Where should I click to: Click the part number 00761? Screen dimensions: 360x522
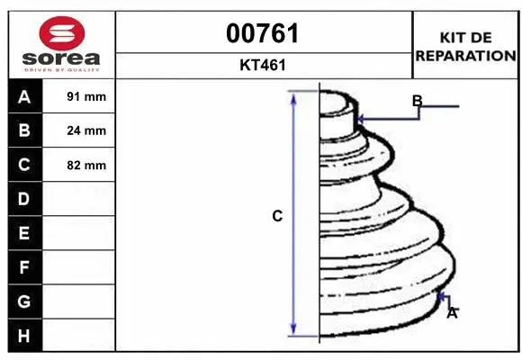264,34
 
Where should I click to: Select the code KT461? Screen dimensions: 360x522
264,65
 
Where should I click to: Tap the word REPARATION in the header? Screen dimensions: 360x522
464,55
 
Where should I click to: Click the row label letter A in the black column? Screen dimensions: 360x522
23,96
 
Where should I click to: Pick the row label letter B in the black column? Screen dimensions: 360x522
23,130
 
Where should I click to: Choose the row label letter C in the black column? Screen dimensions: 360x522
23,165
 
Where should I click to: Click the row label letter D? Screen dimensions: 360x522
23,199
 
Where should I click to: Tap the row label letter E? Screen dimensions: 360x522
23,233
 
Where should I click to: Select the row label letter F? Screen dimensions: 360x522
23,267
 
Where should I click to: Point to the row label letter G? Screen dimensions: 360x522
23,301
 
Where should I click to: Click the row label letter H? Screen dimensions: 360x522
23,336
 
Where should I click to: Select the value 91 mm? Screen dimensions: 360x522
86,96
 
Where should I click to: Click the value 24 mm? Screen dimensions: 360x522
86,130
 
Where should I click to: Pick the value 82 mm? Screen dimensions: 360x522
86,165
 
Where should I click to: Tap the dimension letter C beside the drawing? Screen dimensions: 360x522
278,216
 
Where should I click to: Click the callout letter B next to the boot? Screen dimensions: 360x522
417,101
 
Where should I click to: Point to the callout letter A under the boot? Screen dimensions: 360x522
453,313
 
